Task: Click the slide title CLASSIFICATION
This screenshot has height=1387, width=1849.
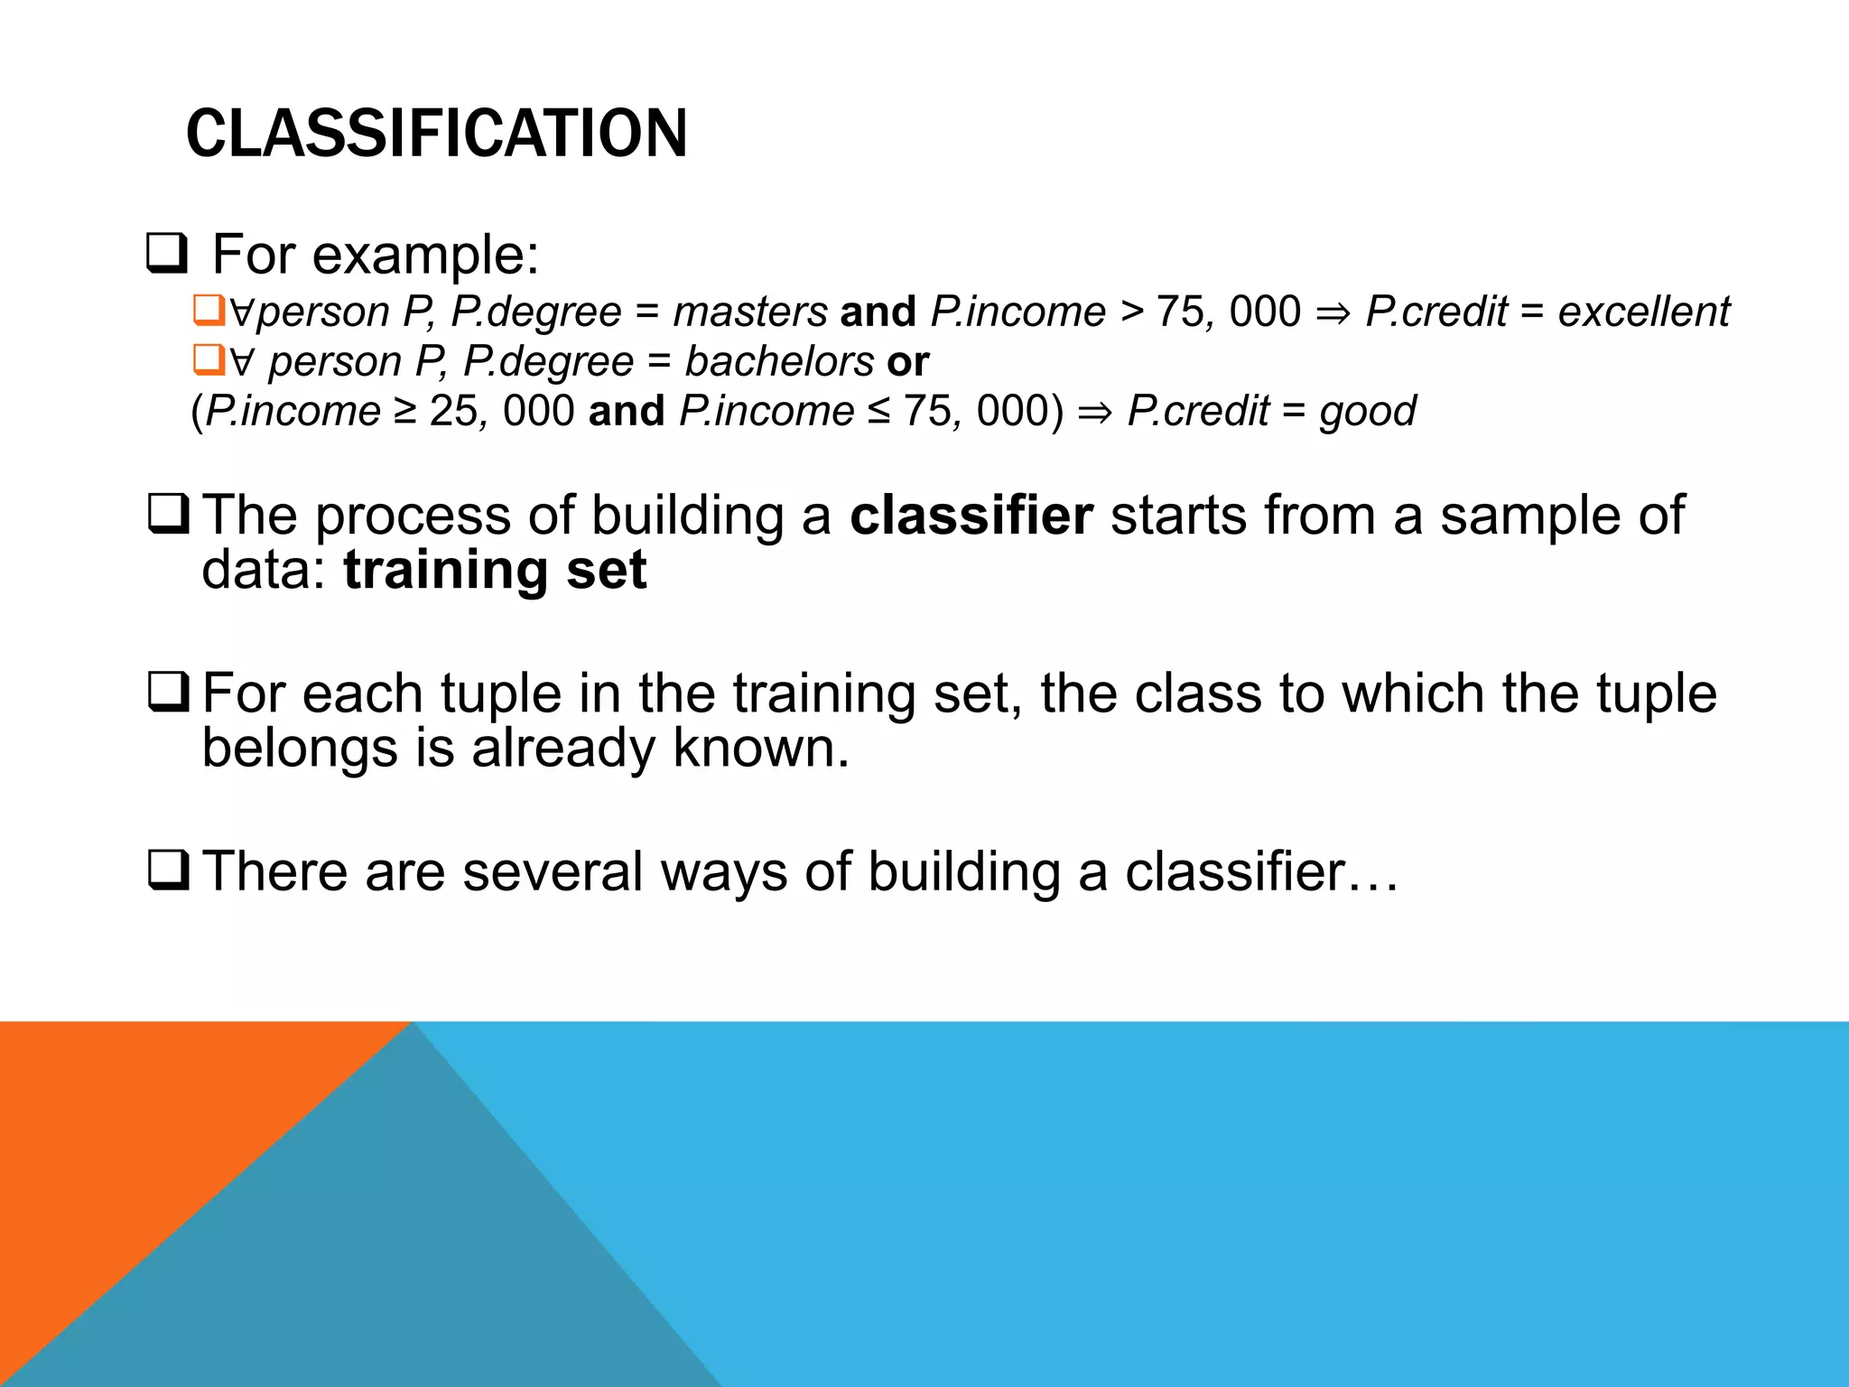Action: coord(436,134)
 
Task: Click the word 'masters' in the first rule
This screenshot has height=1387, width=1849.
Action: coord(750,312)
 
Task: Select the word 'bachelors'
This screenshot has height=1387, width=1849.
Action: coord(779,362)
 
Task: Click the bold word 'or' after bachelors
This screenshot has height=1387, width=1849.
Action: coord(907,362)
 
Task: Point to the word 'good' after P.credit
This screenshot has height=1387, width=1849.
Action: coord(1367,412)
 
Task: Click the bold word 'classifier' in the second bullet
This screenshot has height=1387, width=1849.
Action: coord(971,516)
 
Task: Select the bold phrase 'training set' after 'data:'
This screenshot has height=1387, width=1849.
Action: coord(495,571)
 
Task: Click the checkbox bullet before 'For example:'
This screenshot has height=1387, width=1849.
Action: coord(166,255)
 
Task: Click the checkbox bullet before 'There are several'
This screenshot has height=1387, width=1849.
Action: coord(168,871)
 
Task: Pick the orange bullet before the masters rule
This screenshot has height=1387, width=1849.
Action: coord(208,311)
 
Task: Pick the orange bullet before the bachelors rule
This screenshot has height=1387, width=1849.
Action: coord(208,360)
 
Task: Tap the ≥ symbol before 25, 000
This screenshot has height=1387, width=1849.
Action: coord(404,412)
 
